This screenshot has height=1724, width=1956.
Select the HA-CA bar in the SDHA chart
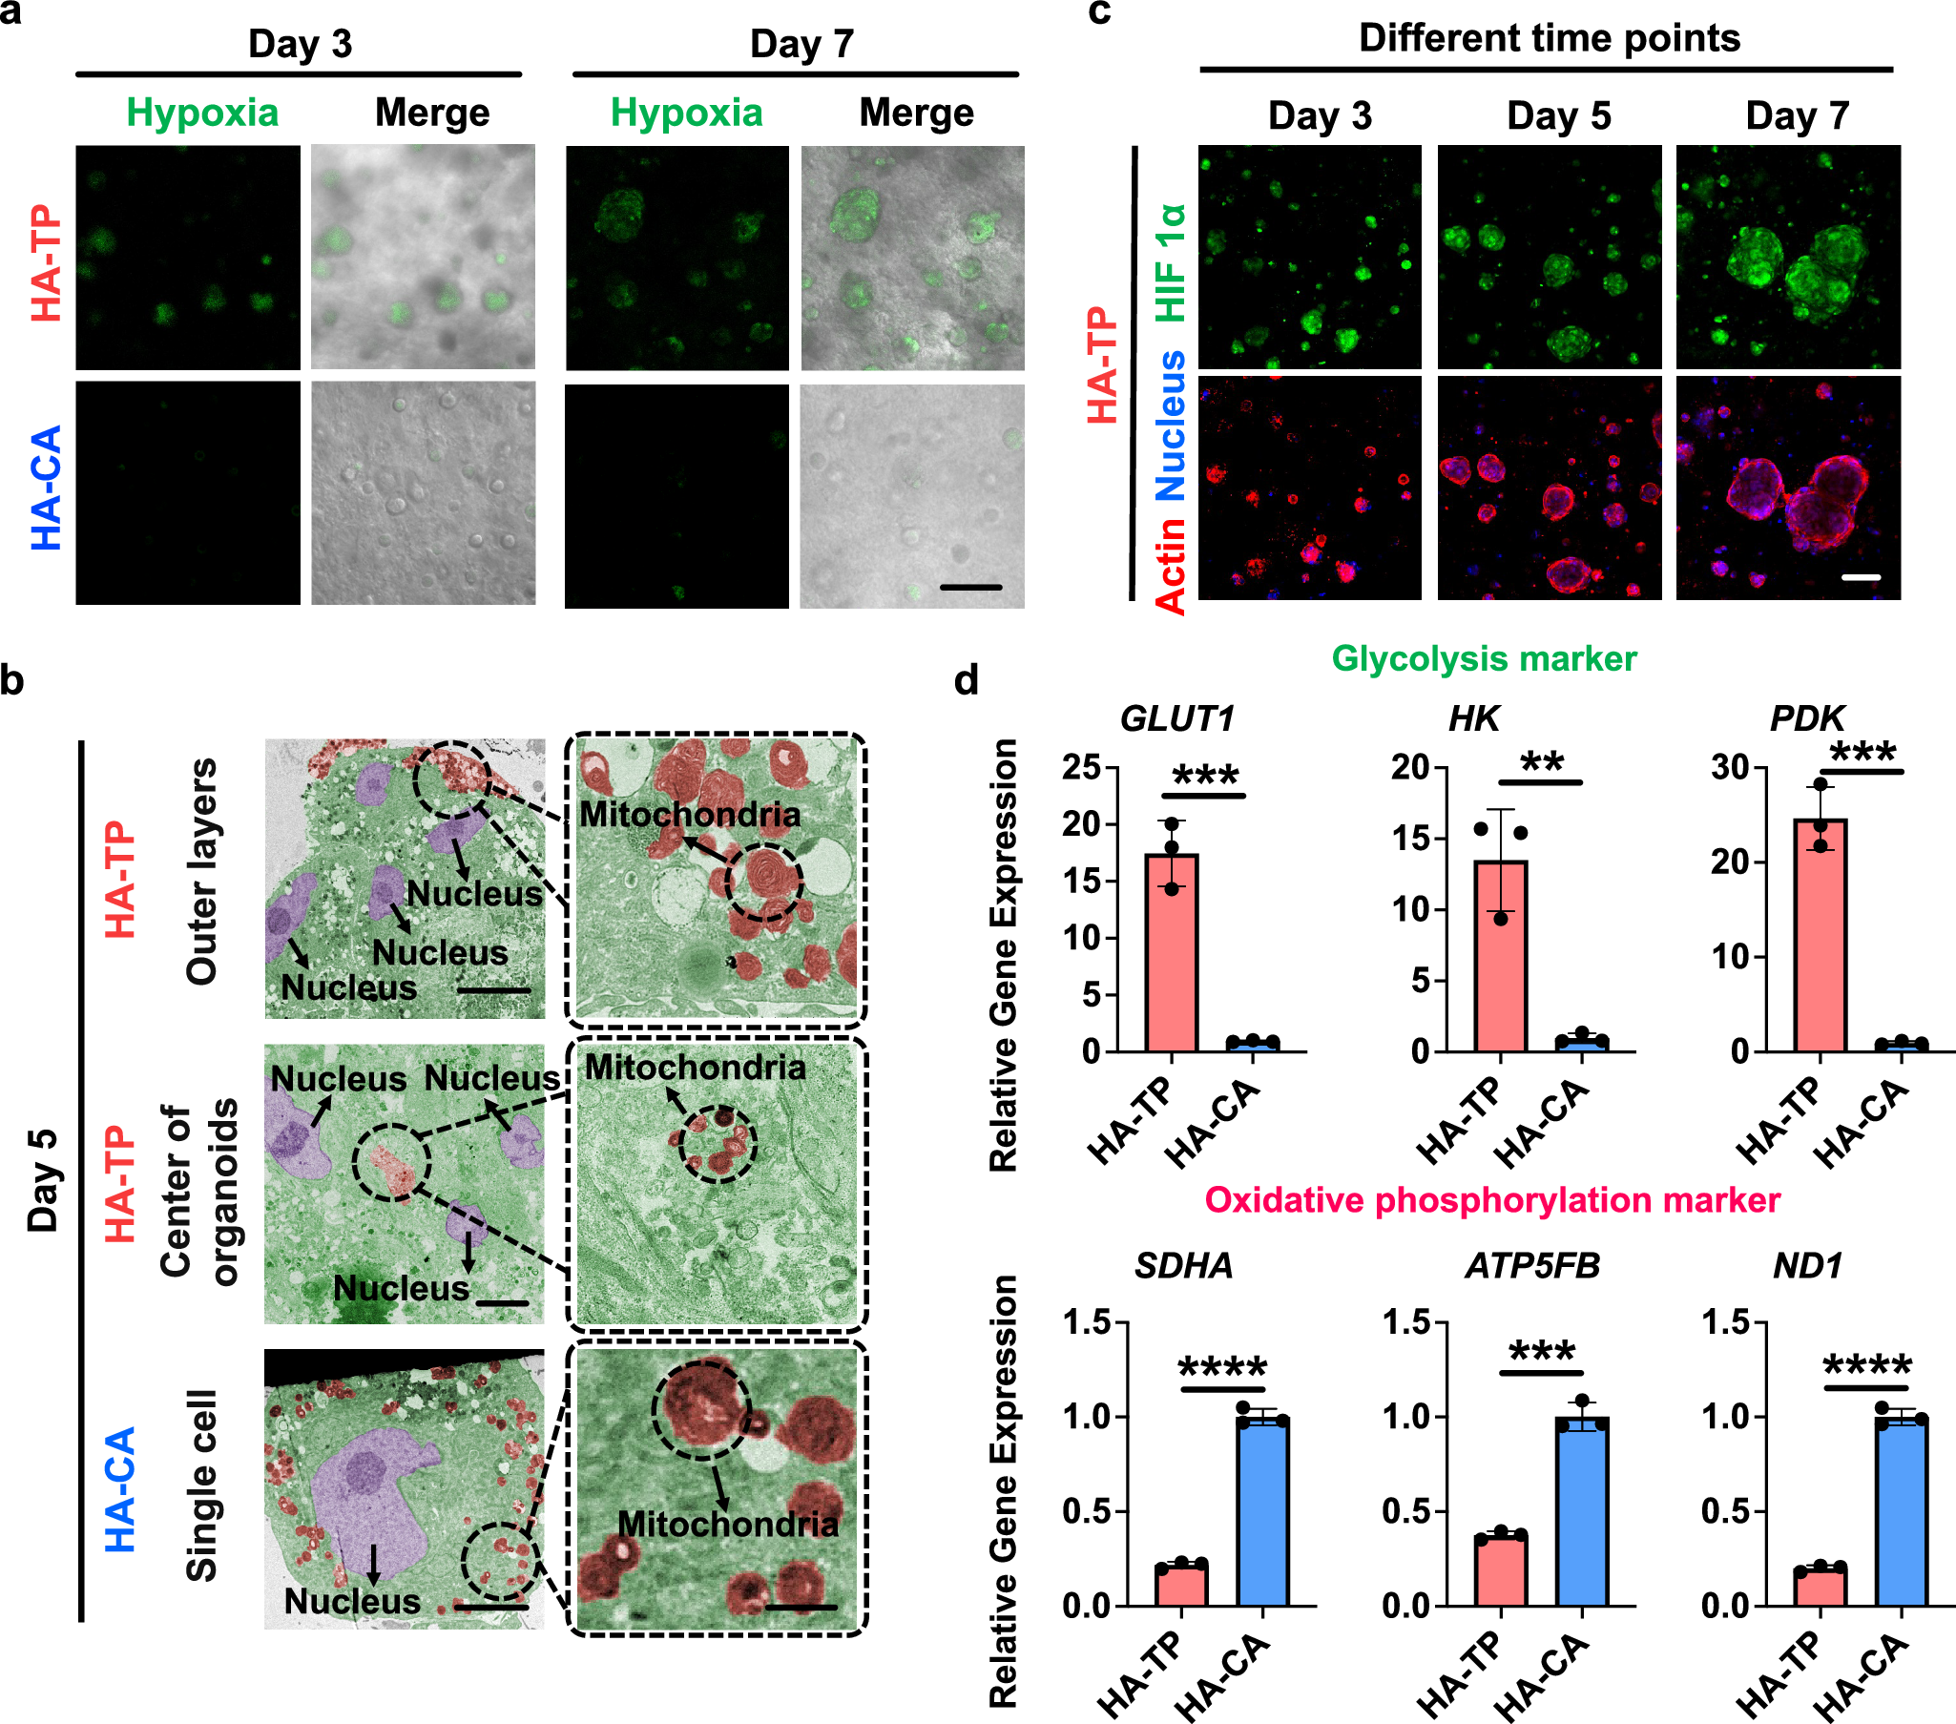click(x=1262, y=1511)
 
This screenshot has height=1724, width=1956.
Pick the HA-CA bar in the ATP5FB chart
click(x=1582, y=1511)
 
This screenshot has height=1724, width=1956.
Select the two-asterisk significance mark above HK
click(x=1542, y=763)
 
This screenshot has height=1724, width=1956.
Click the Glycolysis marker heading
click(x=1484, y=659)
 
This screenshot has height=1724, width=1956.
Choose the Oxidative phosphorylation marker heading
click(x=1492, y=1199)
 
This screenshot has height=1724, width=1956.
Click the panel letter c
click(x=1099, y=13)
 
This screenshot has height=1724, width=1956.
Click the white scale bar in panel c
click(x=1861, y=578)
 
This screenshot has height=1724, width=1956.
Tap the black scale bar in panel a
click(x=970, y=587)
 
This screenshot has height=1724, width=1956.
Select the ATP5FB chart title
click(x=1532, y=1266)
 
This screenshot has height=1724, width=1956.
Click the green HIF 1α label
click(x=1171, y=262)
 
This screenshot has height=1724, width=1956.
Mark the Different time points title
click(x=1549, y=38)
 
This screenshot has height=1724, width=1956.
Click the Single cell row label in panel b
click(x=202, y=1485)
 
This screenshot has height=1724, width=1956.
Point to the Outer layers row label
click(x=202, y=872)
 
